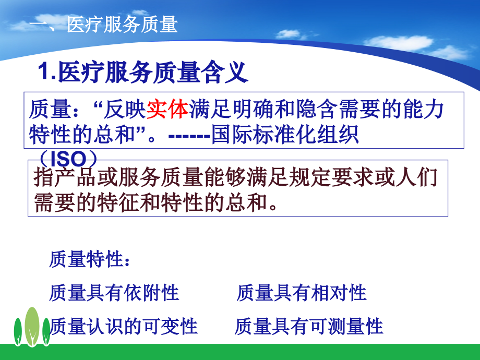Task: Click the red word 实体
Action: [x=167, y=110]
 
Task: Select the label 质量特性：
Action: [x=89, y=259]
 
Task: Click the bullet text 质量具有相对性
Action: [x=301, y=293]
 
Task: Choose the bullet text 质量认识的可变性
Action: [x=123, y=326]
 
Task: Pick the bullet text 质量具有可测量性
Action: [x=309, y=326]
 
